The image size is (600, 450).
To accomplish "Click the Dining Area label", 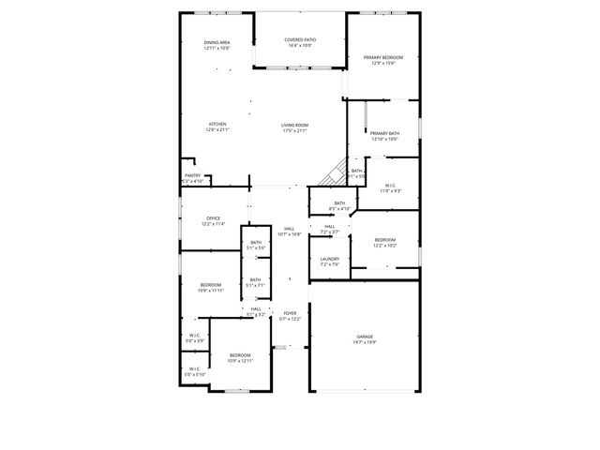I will [217, 43].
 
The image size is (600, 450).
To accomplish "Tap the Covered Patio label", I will [300, 40].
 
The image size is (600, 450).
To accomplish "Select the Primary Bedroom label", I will [383, 57].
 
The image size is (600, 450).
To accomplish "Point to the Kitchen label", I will [217, 125].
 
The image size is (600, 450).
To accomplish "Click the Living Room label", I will [295, 125].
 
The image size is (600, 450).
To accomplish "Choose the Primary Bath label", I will [384, 134].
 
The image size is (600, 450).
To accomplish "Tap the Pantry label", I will [192, 175].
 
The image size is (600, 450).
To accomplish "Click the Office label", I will [214, 218].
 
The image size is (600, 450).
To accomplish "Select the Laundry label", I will [329, 259].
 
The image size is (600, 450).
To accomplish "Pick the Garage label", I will [365, 336].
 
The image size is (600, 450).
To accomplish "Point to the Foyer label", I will [290, 314].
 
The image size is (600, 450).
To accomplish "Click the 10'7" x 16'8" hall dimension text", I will [290, 234].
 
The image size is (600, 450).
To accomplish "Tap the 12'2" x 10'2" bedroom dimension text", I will [385, 246].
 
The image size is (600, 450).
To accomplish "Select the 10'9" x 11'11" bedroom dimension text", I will [211, 291].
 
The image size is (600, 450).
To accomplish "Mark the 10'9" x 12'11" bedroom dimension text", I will [241, 361].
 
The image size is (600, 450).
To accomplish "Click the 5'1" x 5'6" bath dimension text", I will [256, 247].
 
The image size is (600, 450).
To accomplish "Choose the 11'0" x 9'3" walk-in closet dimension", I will [390, 191].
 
